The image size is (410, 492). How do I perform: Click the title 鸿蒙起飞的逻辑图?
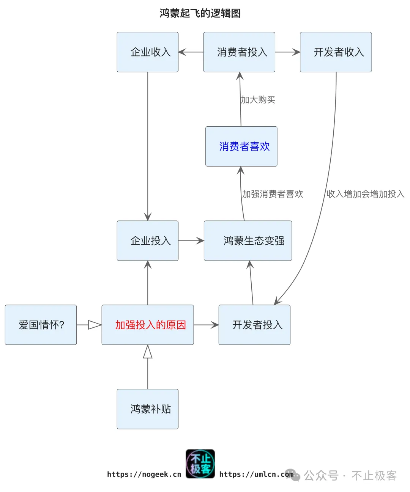[x=200, y=13]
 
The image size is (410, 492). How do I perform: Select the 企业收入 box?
[x=148, y=52]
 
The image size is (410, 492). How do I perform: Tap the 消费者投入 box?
[x=239, y=52]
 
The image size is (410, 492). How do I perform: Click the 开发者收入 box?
[x=336, y=52]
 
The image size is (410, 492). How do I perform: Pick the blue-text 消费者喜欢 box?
[x=241, y=146]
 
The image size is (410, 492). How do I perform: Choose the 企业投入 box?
[x=148, y=240]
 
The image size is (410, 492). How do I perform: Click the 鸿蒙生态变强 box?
[x=248, y=240]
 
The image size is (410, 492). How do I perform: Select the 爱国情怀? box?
[x=41, y=325]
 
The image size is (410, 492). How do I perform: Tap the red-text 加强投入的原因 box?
[x=148, y=325]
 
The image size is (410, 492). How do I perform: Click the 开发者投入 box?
[x=254, y=325]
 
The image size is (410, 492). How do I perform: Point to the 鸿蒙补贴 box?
[x=148, y=409]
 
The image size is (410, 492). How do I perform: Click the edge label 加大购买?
[x=258, y=100]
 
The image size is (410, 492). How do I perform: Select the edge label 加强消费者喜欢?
[x=273, y=194]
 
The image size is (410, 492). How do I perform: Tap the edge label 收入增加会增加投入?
[x=365, y=194]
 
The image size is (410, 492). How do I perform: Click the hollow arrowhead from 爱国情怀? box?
[x=95, y=325]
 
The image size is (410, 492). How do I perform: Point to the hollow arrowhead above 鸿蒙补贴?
[x=148, y=352]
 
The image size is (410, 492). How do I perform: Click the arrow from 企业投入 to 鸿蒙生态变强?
[x=191, y=240]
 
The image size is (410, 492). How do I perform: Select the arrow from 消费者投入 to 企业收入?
[x=191, y=52]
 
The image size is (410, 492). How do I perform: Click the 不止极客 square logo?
[x=200, y=464]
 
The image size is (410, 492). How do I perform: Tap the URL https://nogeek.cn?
[x=144, y=474]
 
